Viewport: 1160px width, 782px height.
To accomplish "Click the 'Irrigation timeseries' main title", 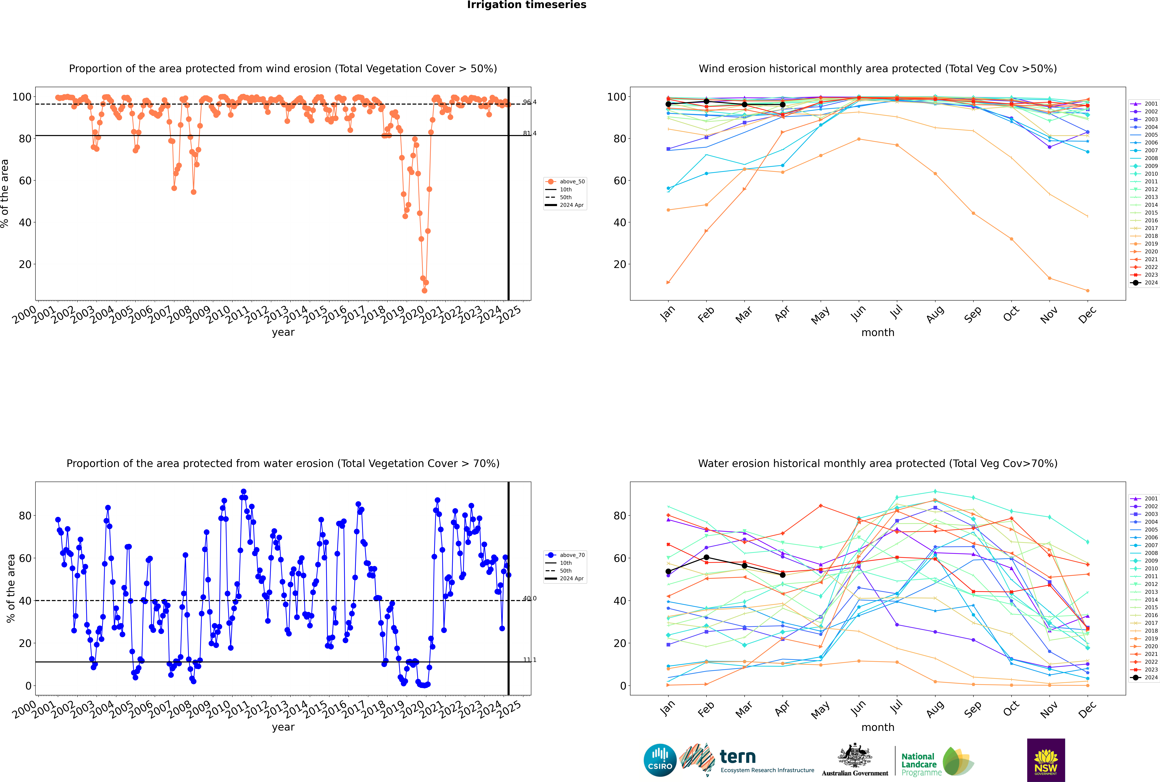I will click(527, 5).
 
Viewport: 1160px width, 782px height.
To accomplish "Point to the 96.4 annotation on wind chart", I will click(530, 102).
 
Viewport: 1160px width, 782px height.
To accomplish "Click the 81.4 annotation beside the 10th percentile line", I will click(530, 133).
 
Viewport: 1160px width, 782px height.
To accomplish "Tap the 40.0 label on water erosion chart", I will click(530, 598).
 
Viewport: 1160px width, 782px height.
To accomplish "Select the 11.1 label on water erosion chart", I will click(530, 660).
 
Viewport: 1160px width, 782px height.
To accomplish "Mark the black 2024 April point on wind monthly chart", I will click(783, 105).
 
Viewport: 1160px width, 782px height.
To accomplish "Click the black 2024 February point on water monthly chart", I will click(706, 558).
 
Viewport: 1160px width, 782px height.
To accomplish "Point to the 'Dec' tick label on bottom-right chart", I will click(1087, 709).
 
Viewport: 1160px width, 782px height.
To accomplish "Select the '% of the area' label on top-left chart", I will click(5, 193).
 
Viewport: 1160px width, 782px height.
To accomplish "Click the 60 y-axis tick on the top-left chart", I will click(25, 181).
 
